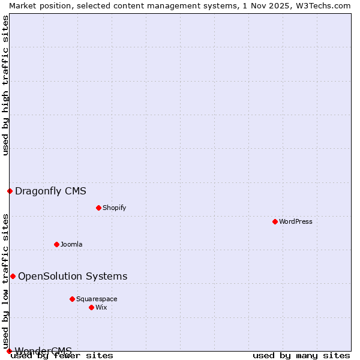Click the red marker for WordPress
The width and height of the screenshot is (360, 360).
[x=275, y=221]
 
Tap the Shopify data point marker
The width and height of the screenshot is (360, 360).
[x=98, y=208]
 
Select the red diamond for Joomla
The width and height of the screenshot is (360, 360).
[x=56, y=244]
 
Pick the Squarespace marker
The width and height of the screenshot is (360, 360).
[x=72, y=299]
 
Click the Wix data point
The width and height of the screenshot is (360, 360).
[x=91, y=307]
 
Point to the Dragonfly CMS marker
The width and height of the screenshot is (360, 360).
[x=10, y=191]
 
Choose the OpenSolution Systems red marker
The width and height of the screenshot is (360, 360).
[x=13, y=276]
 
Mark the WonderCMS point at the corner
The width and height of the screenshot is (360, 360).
[x=9, y=351]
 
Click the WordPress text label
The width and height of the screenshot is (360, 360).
[x=296, y=221]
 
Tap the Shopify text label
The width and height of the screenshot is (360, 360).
[x=114, y=208]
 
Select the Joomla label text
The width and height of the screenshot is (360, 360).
[x=71, y=244]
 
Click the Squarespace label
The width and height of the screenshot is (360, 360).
[x=97, y=299]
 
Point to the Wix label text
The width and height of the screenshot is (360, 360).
[x=101, y=307]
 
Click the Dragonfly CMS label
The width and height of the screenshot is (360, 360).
[x=50, y=191]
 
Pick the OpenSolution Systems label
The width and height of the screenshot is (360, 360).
[x=73, y=276]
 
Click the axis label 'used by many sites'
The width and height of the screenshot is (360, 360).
[x=301, y=355]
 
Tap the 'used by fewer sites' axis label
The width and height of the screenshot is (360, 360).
[x=62, y=355]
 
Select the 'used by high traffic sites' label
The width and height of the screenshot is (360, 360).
[x=5, y=85]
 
